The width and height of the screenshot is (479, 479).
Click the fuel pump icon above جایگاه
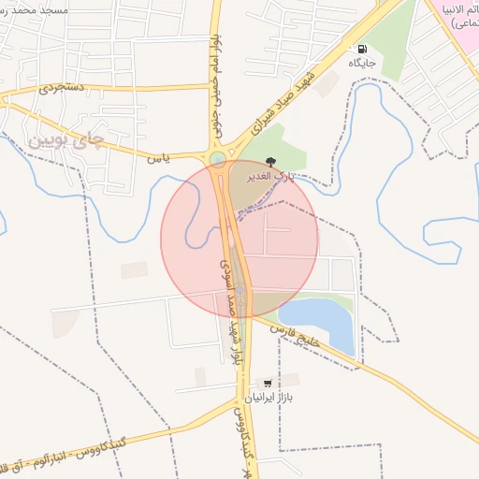(360, 48)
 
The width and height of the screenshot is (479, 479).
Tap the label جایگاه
(361, 63)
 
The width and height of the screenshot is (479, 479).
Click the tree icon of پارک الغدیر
(271, 161)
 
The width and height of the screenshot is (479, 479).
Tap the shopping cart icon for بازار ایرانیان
(269, 384)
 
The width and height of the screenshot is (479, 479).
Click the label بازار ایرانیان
(269, 398)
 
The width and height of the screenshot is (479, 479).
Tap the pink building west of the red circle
(134, 269)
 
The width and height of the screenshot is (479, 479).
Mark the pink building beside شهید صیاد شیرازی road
(327, 83)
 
